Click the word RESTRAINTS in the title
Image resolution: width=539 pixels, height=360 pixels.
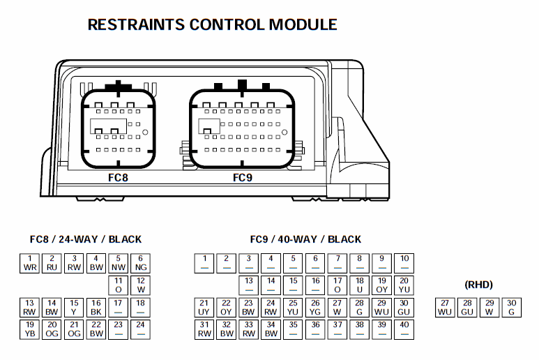tap(136, 24)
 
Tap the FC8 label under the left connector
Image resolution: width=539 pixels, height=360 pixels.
tap(118, 177)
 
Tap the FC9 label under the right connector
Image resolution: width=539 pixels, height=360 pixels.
tap(243, 177)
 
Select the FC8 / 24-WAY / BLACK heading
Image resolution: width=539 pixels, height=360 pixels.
tap(86, 239)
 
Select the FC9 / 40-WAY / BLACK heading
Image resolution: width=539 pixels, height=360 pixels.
tap(305, 239)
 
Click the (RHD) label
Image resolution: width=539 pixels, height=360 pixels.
tap(478, 285)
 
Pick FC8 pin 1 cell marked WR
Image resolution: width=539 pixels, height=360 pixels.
tap(30, 264)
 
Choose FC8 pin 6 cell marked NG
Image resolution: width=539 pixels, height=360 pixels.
tap(141, 264)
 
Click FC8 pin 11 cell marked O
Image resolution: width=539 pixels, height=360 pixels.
tap(119, 285)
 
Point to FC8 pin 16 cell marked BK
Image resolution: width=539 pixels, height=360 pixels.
tap(96, 308)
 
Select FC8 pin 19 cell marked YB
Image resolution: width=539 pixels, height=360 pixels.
tap(30, 329)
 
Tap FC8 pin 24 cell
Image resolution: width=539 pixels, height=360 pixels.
tap(141, 329)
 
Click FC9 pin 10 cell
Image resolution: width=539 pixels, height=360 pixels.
tap(404, 264)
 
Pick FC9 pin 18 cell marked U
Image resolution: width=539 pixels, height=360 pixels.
tap(360, 285)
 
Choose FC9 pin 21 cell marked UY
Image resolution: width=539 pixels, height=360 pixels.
tap(204, 308)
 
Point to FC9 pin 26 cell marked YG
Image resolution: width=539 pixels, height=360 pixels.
tap(315, 308)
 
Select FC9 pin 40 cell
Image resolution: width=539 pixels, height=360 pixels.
tap(404, 329)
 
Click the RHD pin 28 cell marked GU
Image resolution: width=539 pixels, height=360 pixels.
tap(467, 308)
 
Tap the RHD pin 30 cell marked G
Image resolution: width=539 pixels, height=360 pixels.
tap(512, 308)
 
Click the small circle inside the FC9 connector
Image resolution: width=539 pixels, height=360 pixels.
tap(284, 133)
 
